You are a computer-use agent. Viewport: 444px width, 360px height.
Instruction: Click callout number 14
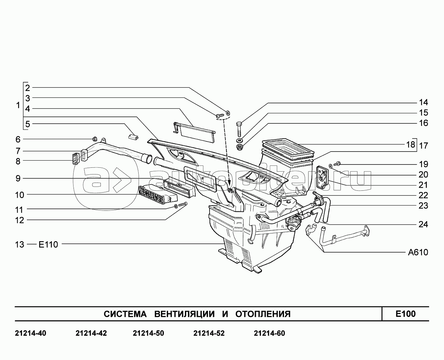(x=423, y=103)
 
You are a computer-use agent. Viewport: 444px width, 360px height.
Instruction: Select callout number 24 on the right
(x=423, y=224)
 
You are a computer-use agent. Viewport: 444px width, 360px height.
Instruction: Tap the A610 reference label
(x=418, y=253)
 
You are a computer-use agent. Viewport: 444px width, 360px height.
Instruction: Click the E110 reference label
(x=48, y=244)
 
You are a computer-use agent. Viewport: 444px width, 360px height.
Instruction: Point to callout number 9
(x=18, y=178)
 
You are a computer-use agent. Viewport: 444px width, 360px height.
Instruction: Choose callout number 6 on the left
(x=18, y=139)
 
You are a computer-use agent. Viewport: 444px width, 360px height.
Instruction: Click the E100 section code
(x=405, y=314)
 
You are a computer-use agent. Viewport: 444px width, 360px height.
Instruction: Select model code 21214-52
(x=209, y=333)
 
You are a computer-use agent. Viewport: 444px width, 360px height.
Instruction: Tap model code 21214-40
(x=30, y=333)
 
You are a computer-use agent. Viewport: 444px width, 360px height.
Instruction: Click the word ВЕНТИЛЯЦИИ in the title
(x=184, y=314)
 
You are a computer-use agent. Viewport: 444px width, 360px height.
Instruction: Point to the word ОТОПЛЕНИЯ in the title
(x=263, y=314)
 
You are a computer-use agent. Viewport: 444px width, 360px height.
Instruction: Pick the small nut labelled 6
(x=95, y=139)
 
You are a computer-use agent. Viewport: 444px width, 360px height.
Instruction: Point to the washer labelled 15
(x=240, y=141)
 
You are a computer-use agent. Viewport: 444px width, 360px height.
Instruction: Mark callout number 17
(x=423, y=146)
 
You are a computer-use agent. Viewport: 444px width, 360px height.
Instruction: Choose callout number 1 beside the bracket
(x=18, y=106)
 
